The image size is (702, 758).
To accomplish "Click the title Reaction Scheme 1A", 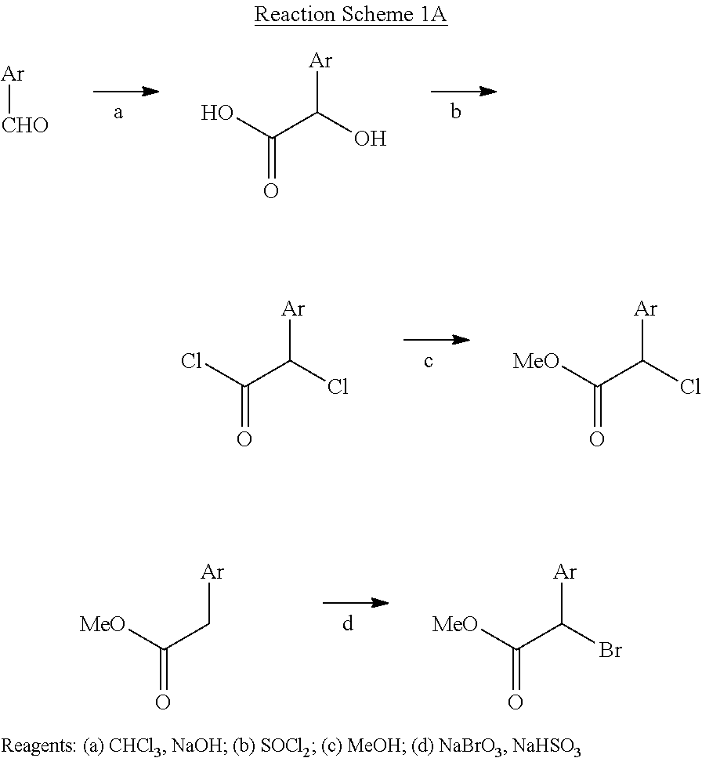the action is pyautogui.click(x=350, y=16).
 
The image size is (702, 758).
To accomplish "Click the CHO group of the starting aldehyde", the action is pyautogui.click(x=25, y=125).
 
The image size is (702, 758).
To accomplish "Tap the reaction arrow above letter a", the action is pyautogui.click(x=125, y=92).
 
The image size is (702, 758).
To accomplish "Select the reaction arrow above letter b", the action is pyautogui.click(x=463, y=91).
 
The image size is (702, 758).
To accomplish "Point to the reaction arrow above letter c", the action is pyautogui.click(x=436, y=340).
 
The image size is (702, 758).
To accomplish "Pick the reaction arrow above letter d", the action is pyautogui.click(x=356, y=602).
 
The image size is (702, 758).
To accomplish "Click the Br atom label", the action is pyautogui.click(x=610, y=650).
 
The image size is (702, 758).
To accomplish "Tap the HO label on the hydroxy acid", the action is pyautogui.click(x=217, y=114).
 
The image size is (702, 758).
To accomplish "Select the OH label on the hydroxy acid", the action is pyautogui.click(x=369, y=139).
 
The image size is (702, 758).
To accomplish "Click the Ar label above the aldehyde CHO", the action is pyautogui.click(x=13, y=74).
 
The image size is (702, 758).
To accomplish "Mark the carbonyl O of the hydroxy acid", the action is pyautogui.click(x=270, y=191).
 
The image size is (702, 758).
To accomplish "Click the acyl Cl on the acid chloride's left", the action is pyautogui.click(x=192, y=362).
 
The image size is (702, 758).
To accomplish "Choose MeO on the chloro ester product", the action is pyautogui.click(x=536, y=362).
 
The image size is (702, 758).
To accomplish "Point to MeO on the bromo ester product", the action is pyautogui.click(x=456, y=624).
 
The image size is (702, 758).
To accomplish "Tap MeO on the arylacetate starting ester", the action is pyautogui.click(x=103, y=624).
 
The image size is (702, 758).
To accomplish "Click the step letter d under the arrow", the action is pyautogui.click(x=349, y=624).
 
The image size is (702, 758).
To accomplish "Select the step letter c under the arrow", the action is pyautogui.click(x=429, y=362).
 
